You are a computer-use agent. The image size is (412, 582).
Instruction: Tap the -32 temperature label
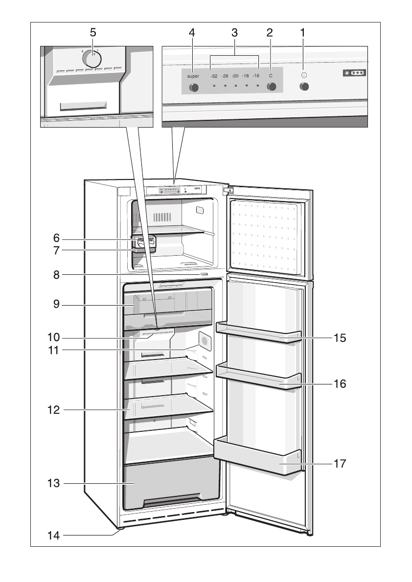214,76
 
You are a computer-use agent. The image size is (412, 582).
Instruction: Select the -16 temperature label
256,76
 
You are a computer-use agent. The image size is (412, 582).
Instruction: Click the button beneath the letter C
271,87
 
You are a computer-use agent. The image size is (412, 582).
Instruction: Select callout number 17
340,463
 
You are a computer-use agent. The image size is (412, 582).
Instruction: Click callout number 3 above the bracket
234,33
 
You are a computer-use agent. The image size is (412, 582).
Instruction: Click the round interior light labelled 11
204,341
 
